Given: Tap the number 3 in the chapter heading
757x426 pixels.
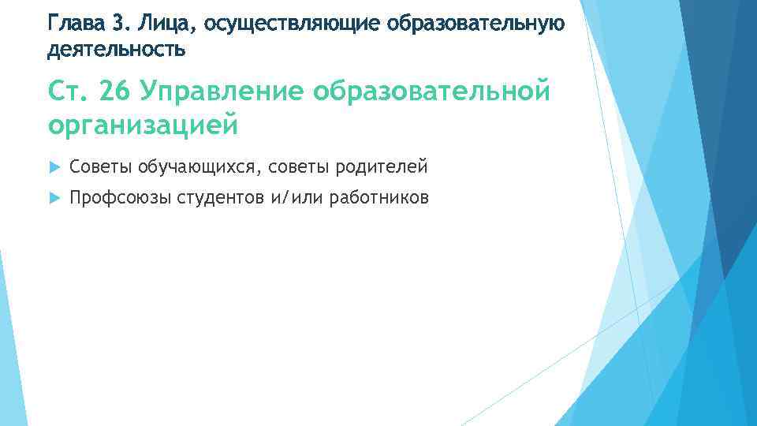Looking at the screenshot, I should (x=121, y=23).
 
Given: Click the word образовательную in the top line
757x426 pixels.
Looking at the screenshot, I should (x=477, y=24).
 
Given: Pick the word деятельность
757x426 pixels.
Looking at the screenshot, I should (x=116, y=50).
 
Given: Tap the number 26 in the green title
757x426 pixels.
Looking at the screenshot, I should (x=116, y=92).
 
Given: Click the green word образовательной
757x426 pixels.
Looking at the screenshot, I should (x=431, y=93).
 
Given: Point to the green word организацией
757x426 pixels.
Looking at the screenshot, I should (x=142, y=124).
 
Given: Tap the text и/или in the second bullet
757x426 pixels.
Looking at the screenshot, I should (x=297, y=198).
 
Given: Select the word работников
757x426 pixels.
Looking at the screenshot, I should (x=379, y=198).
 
